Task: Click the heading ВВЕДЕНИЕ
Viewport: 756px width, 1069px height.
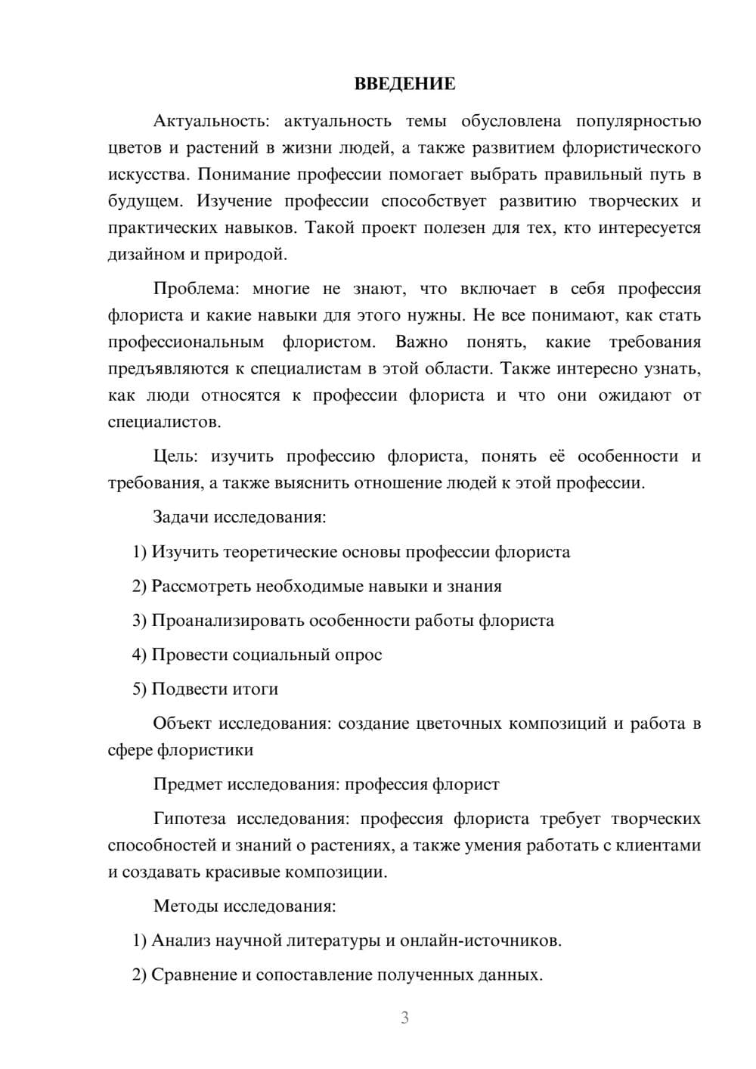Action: [405, 84]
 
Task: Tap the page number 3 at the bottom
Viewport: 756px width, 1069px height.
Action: [405, 1018]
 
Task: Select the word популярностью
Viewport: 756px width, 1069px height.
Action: [639, 121]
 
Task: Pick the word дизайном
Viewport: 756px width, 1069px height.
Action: [141, 254]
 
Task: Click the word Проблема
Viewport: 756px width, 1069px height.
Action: [196, 289]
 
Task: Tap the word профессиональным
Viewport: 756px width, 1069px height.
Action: [186, 342]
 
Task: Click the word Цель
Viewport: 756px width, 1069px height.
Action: [175, 457]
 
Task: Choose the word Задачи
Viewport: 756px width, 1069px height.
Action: [181, 518]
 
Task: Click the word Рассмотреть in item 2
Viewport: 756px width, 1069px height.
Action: [201, 586]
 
